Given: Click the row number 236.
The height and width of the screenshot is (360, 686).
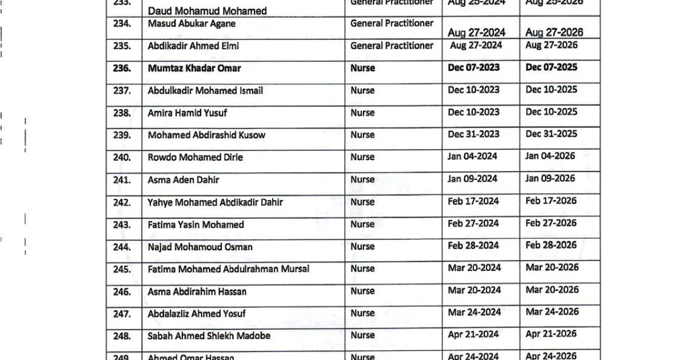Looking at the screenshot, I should coord(122,68).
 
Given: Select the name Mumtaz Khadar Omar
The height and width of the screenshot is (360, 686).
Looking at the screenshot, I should coord(194,68).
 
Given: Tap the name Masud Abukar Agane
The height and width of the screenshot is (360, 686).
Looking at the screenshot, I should coord(192,24).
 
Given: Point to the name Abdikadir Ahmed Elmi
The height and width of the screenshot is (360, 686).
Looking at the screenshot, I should coord(194,46).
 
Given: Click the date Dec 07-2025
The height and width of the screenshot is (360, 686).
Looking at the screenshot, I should coord(551,67).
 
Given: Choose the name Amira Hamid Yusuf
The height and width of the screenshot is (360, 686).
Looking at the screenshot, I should coord(187,113).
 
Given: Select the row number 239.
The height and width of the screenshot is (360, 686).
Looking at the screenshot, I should coord(122,135).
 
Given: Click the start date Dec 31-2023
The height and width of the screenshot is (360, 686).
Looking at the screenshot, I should coord(473,134).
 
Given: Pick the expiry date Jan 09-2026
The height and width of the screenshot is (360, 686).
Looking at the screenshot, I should coord(550,179).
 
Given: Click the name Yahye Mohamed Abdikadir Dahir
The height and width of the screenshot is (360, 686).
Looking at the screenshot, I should coord(215,202).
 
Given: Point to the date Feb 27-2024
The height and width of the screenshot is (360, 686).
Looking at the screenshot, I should coord(473,223).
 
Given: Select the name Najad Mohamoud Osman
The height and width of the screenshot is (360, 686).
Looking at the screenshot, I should coord(200,247).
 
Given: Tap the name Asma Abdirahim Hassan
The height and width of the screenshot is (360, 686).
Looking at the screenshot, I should coord(197,291).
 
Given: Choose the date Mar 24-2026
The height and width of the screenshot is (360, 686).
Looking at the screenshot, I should coord(552,312).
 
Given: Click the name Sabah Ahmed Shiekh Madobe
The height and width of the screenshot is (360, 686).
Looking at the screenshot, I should coord(209,336).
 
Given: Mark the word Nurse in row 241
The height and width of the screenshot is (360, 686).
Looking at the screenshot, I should coord(362,179).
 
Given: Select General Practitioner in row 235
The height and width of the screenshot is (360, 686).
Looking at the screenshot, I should coord(392,45).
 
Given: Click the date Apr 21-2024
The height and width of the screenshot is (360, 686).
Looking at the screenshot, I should coord(473,334).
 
